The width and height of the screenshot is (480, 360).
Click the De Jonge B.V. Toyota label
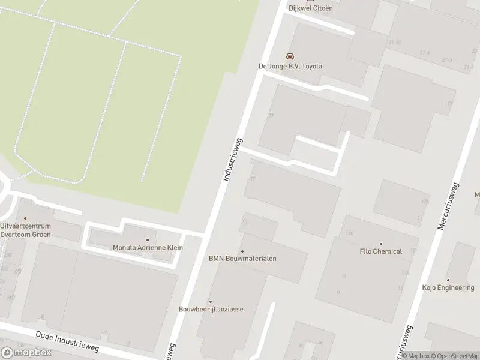point(290,66)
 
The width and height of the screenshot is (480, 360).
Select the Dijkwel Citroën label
point(310,8)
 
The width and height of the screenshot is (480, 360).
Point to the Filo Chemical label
point(380,251)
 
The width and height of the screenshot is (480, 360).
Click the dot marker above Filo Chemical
point(380,244)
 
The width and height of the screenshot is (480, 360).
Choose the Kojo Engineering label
point(448,288)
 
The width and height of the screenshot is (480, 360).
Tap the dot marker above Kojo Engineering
point(448,280)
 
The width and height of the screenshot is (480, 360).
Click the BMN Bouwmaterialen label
point(242,259)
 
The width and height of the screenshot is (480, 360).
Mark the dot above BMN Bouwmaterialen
point(242,251)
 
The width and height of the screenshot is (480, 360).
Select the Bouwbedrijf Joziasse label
point(211,310)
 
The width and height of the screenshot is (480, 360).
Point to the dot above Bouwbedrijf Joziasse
point(211,302)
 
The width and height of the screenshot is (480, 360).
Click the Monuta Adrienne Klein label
point(148,247)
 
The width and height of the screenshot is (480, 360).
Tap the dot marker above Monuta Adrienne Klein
point(148,239)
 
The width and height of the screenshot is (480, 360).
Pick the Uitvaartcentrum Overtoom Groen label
point(25,230)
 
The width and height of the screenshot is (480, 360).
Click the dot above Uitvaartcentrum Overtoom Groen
point(25,219)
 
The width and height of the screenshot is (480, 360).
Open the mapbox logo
point(26,353)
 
